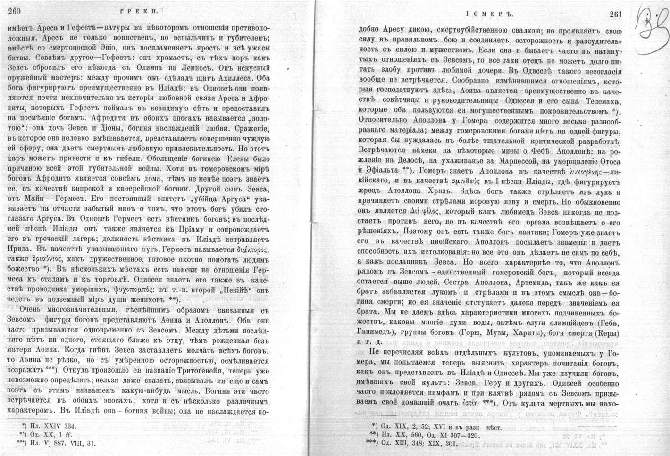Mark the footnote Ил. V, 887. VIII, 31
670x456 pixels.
[x=56, y=443]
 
